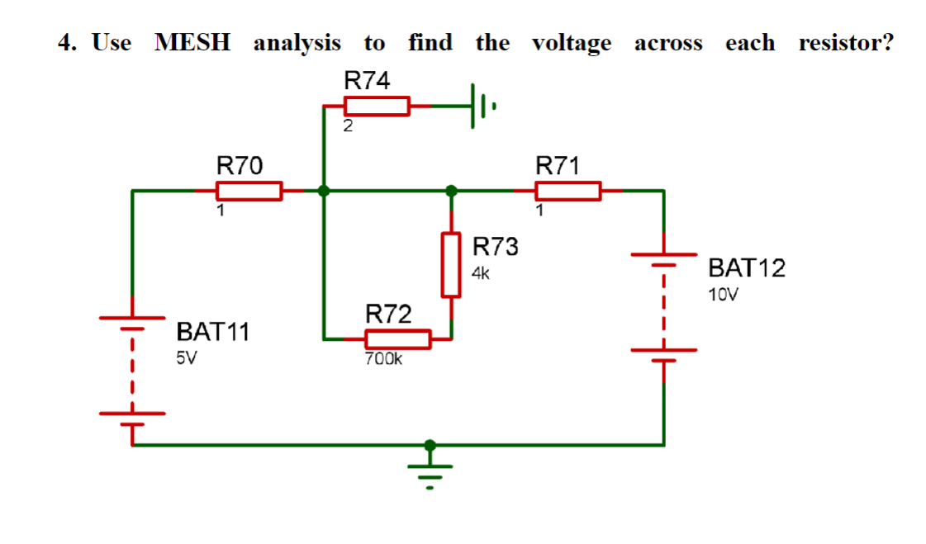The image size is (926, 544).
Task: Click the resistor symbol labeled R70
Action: click(x=249, y=191)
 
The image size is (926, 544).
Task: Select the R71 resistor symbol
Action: click(x=568, y=191)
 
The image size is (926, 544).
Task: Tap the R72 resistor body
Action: click(x=397, y=338)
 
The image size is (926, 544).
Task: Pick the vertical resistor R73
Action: click(x=451, y=265)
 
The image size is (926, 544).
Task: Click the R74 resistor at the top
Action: click(x=376, y=106)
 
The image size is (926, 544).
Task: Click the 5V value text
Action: click(x=188, y=358)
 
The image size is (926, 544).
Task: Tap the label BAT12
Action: click(x=747, y=267)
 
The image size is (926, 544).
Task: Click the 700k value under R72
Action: click(x=382, y=359)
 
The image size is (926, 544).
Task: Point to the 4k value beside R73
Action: click(x=482, y=273)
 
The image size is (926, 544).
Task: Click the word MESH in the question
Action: click(x=192, y=42)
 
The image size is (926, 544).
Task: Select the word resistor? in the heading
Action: click(x=846, y=42)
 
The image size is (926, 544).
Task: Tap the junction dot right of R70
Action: click(x=324, y=191)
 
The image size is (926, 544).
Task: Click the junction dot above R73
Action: click(x=451, y=191)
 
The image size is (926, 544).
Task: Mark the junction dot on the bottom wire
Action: click(x=429, y=445)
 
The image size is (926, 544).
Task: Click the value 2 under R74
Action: click(x=348, y=127)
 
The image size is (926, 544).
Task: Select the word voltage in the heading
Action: click(x=572, y=43)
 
